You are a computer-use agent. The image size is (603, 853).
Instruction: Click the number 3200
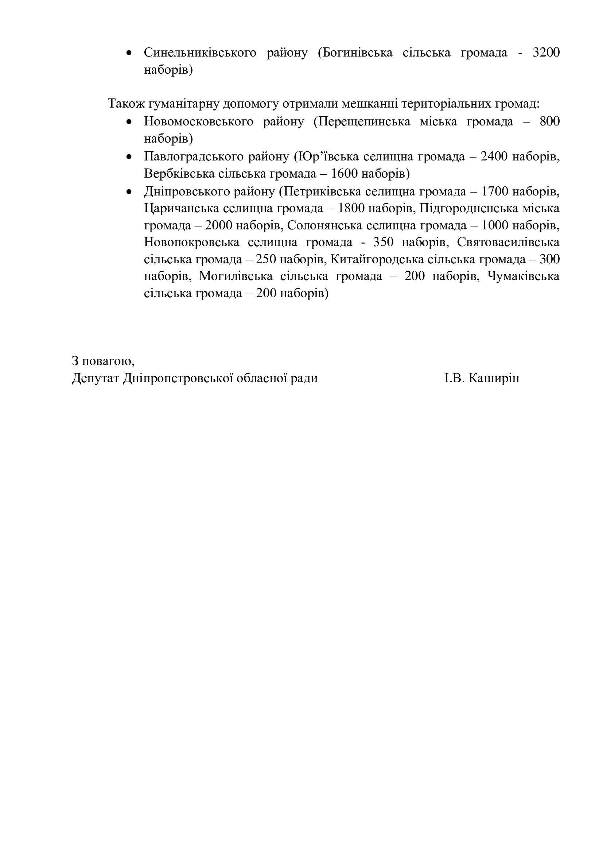546,53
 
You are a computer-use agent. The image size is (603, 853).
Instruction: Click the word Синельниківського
200,53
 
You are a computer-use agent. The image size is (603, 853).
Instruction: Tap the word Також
126,103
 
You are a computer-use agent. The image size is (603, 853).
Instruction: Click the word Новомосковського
198,121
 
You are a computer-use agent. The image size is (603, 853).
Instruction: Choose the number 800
549,121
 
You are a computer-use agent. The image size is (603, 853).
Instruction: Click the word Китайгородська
377,259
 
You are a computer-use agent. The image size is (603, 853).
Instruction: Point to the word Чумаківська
523,276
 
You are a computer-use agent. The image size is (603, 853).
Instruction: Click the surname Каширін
494,379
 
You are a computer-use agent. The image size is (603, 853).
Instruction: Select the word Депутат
96,379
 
